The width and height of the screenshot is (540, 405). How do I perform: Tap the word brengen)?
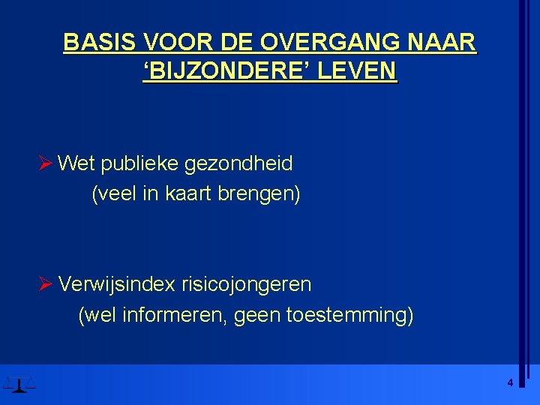pyautogui.click(x=259, y=194)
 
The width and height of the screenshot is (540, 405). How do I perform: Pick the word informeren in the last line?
pyautogui.click(x=171, y=315)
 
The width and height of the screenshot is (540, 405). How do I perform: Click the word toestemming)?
pyautogui.click(x=349, y=316)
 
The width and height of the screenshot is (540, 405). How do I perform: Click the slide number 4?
pyautogui.click(x=510, y=382)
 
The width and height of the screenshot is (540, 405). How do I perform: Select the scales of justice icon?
pyautogui.click(x=19, y=385)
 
